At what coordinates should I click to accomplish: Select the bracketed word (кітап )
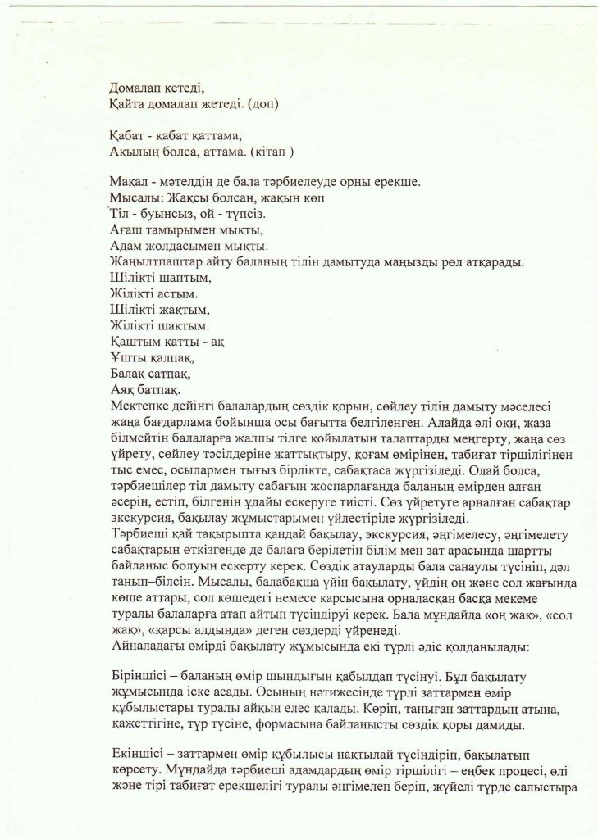pos(271,152)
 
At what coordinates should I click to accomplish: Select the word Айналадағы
pos(148,646)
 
